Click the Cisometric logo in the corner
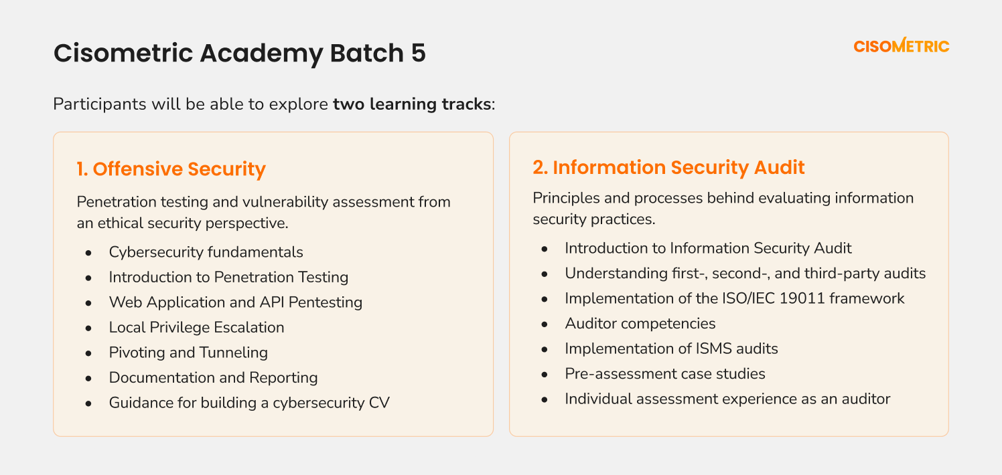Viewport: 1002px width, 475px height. (x=902, y=45)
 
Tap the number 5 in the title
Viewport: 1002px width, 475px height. (x=418, y=53)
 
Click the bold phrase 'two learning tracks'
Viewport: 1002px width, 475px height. (x=412, y=104)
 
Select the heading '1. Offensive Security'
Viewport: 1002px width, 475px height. (x=171, y=169)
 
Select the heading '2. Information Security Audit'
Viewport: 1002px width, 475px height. (x=668, y=167)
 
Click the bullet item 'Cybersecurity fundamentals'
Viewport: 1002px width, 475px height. (x=206, y=252)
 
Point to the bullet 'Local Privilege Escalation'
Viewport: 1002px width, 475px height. (x=196, y=328)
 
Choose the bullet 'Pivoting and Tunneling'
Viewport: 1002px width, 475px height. (x=188, y=353)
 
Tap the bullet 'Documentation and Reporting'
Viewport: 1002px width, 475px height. (x=213, y=377)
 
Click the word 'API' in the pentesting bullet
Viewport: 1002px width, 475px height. (x=271, y=302)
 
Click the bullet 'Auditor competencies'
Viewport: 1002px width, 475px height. (x=640, y=324)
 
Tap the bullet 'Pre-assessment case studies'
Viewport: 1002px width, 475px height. (x=664, y=373)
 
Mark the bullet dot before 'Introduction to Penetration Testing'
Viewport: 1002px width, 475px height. (x=88, y=278)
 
